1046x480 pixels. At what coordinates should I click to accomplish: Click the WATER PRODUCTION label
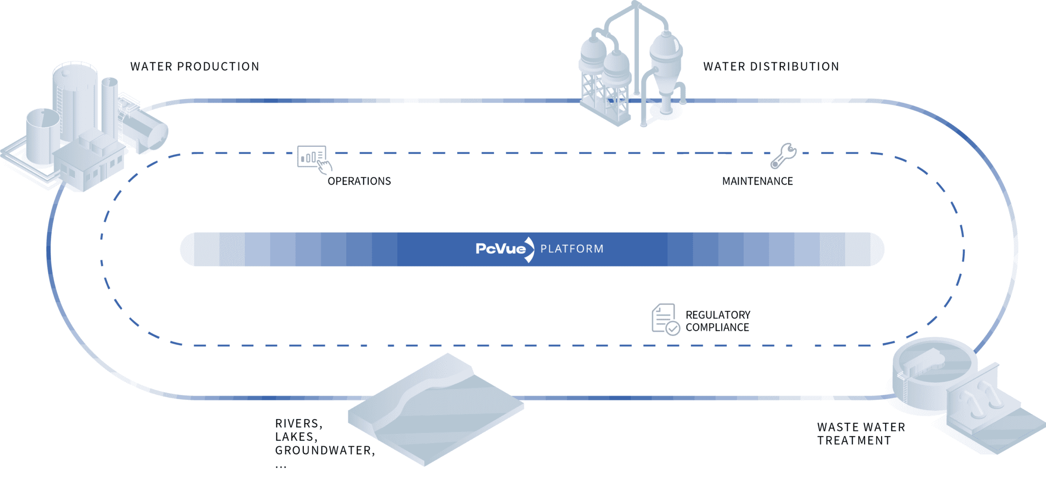[195, 66]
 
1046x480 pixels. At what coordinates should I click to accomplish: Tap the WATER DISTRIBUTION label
[771, 66]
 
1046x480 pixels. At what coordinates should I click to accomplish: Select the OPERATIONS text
[359, 181]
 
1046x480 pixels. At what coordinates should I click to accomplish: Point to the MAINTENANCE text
[757, 181]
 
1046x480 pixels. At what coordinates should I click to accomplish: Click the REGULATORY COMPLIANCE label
[718, 321]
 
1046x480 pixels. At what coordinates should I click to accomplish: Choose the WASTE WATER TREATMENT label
[861, 433]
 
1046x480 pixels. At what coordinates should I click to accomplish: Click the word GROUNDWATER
[324, 450]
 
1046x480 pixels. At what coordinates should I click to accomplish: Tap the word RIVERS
[298, 423]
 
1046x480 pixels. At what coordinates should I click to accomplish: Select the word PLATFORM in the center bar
[572, 249]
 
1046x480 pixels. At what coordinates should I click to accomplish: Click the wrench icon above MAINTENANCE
[783, 155]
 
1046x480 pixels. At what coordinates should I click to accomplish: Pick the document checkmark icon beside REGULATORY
[665, 319]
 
